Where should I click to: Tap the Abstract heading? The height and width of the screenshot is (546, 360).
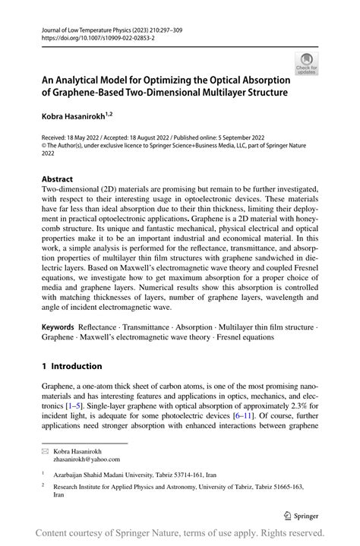(58, 180)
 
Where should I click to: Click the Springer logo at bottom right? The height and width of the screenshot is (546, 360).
(302, 514)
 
